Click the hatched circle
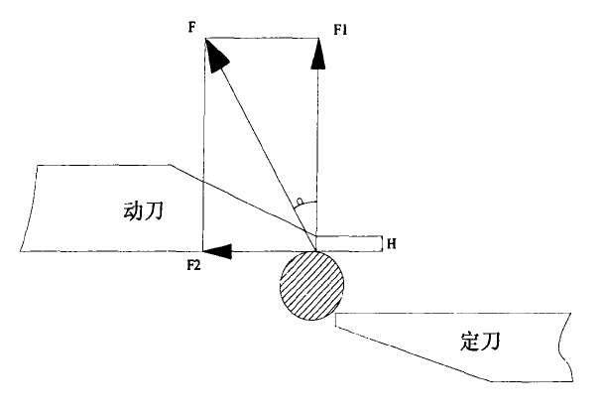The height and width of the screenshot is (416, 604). [311, 283]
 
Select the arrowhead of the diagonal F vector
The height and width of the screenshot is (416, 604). [215, 55]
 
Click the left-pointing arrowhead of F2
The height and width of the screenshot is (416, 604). [217, 252]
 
